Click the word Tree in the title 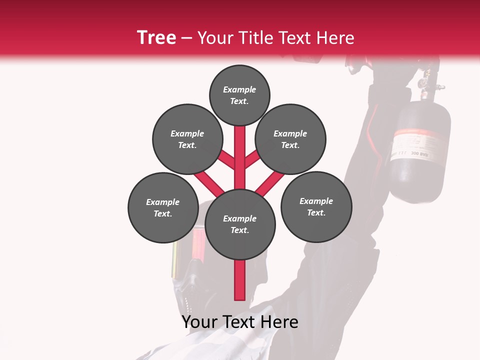(156, 37)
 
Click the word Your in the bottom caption (199, 322)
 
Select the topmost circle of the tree (239, 95)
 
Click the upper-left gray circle (187, 139)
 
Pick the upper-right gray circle (290, 139)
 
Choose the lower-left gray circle (163, 207)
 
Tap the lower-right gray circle (316, 206)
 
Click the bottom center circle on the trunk (240, 224)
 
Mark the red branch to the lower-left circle (209, 182)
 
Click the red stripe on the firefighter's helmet (196, 245)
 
